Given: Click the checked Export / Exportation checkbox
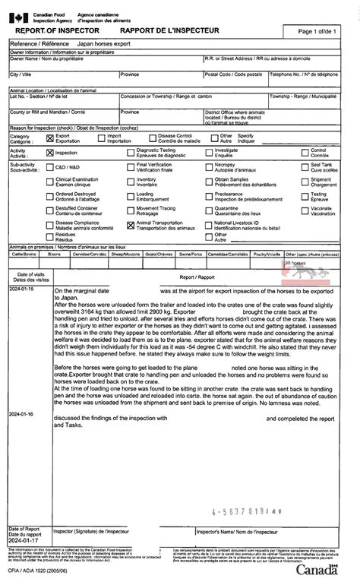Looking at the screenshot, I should (50, 138).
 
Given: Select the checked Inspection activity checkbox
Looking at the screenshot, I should (50, 152).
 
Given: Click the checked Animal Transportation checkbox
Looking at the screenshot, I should (131, 225).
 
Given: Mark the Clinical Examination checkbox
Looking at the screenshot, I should (50, 180).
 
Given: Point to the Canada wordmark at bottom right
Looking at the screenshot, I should (319, 569).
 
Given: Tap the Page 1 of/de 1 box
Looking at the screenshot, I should (317, 31).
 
